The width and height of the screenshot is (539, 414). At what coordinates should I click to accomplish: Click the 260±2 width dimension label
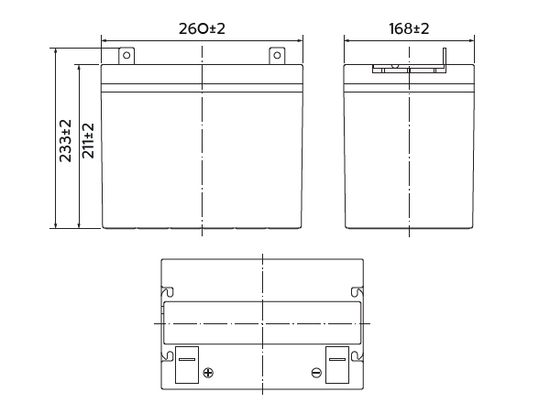click(202, 28)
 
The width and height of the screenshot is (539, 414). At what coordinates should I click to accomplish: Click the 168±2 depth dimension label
click(409, 28)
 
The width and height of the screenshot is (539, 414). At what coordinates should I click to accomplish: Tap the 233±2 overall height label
click(65, 140)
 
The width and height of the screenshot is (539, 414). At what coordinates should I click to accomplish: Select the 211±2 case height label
click(88, 140)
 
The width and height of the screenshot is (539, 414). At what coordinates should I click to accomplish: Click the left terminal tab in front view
click(126, 56)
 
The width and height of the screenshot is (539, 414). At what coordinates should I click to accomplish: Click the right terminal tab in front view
click(277, 56)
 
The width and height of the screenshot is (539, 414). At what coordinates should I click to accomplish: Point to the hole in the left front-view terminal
click(126, 55)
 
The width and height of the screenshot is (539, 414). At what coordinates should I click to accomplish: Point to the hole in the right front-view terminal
click(277, 55)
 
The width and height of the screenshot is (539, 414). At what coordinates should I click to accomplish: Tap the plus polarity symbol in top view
click(208, 373)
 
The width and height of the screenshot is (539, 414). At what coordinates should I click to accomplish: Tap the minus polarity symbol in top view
click(316, 373)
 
